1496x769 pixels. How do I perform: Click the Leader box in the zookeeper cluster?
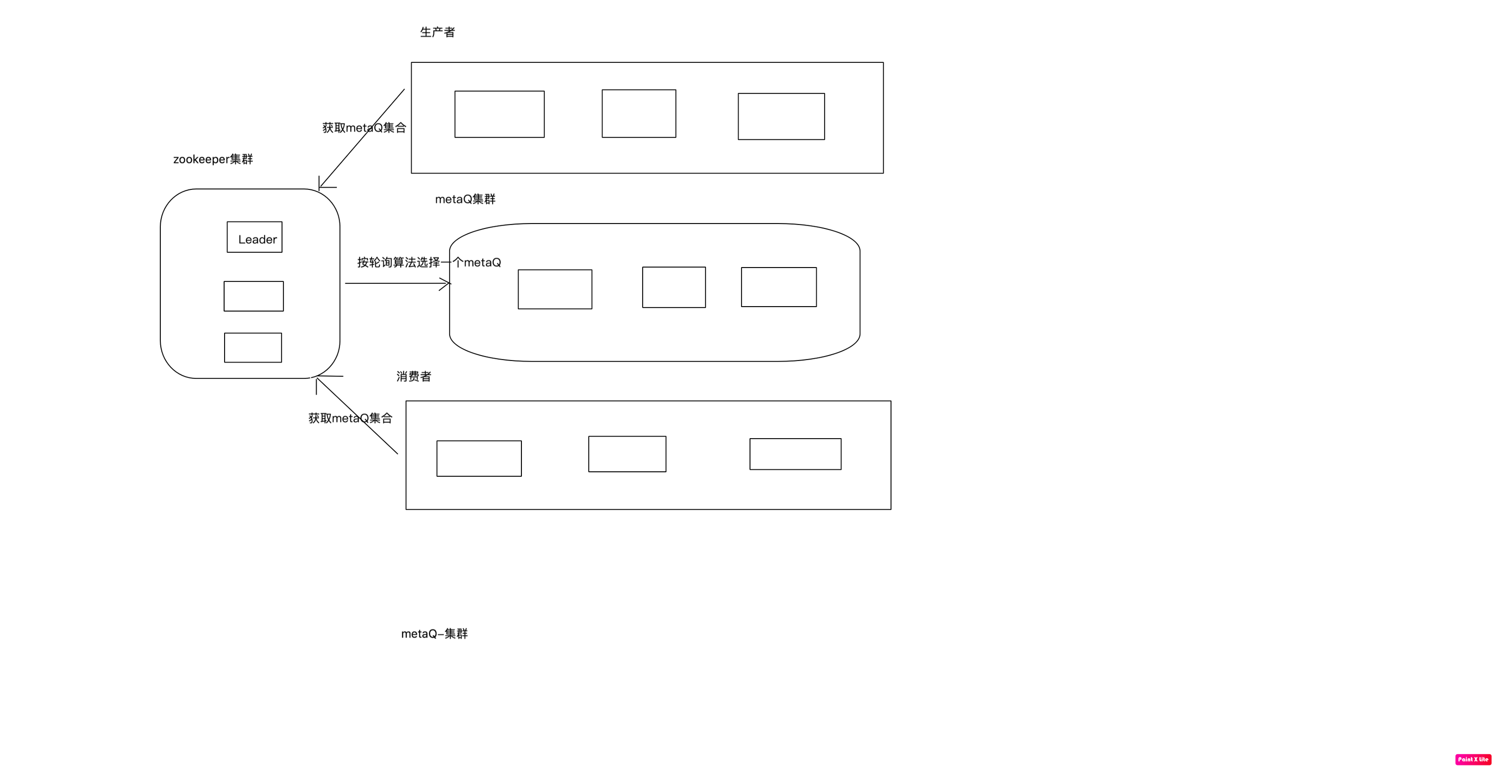(254, 237)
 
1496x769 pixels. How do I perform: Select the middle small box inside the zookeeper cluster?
(254, 297)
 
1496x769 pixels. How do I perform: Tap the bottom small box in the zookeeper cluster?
(253, 348)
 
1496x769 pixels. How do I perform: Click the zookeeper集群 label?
(213, 159)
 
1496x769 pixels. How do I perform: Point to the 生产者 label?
(437, 33)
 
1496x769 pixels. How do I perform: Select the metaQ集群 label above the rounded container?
(465, 199)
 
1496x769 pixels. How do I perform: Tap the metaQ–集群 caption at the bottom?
(434, 634)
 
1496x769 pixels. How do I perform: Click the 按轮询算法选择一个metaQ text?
(428, 262)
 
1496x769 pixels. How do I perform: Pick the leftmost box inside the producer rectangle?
(500, 114)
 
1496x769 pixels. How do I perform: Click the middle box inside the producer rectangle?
(639, 114)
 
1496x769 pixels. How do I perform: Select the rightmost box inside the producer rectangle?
(781, 117)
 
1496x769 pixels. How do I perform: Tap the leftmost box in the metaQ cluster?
(555, 289)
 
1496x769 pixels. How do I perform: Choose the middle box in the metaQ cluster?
(674, 287)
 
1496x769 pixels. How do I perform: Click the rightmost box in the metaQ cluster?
(779, 287)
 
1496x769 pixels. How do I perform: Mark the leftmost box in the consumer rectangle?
(479, 458)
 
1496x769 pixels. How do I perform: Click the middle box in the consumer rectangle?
(627, 454)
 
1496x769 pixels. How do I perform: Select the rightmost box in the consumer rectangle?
(795, 454)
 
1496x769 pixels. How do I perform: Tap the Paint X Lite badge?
(1473, 759)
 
